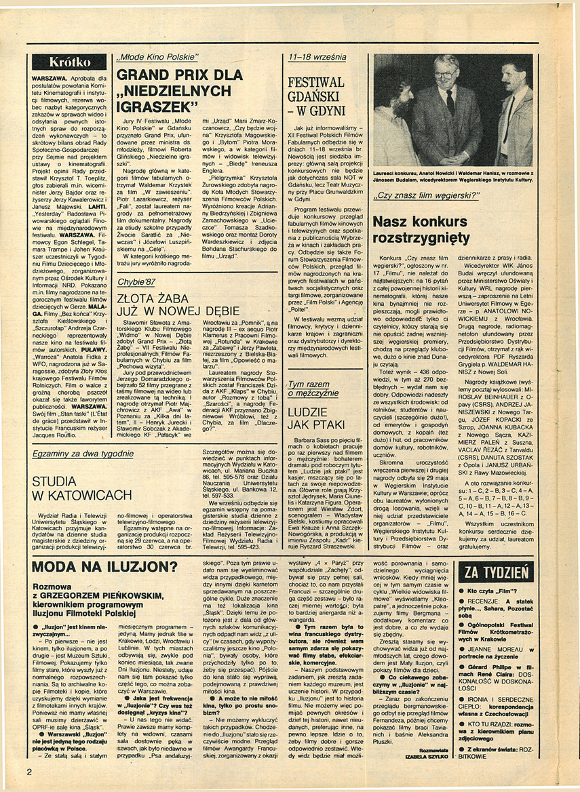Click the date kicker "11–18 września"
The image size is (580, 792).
317,57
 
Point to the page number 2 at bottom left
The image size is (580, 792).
29,771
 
